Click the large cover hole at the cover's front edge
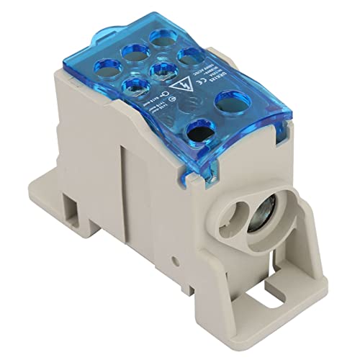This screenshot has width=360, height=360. coord(199,132)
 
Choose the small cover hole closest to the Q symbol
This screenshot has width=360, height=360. coord(135,87)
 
